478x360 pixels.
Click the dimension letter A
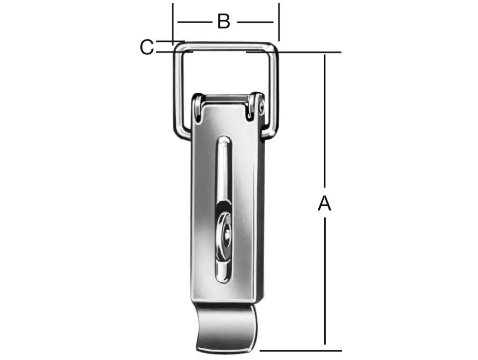(x=324, y=204)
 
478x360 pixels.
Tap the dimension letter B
(x=224, y=22)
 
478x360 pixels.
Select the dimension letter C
(x=147, y=47)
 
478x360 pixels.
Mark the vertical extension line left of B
(x=173, y=21)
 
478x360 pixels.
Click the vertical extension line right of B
(x=279, y=21)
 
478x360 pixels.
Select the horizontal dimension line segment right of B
(x=255, y=22)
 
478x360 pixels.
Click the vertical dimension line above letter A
(x=324, y=122)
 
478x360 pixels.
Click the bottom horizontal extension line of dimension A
(x=300, y=350)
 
